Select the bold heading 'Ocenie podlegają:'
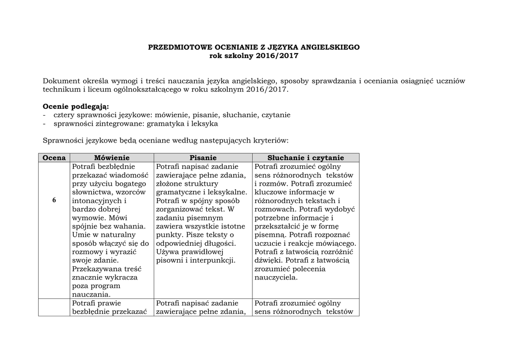click(x=76, y=106)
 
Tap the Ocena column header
click(x=54, y=158)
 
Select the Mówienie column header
click(x=112, y=158)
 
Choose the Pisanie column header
click(x=203, y=158)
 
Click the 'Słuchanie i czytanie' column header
click(x=306, y=158)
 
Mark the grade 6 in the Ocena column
click(x=54, y=200)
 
